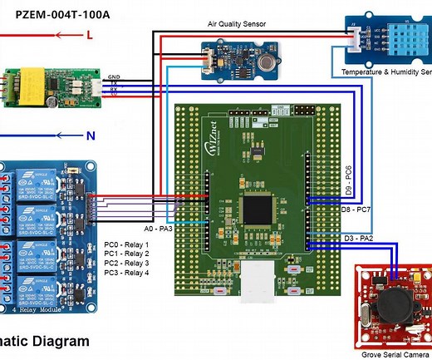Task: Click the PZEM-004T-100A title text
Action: (x=61, y=14)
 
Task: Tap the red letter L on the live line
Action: (x=89, y=36)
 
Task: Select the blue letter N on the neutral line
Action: (x=89, y=135)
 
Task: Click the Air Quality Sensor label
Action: (x=237, y=24)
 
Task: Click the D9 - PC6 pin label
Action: (x=349, y=183)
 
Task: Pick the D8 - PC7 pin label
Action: (x=356, y=211)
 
